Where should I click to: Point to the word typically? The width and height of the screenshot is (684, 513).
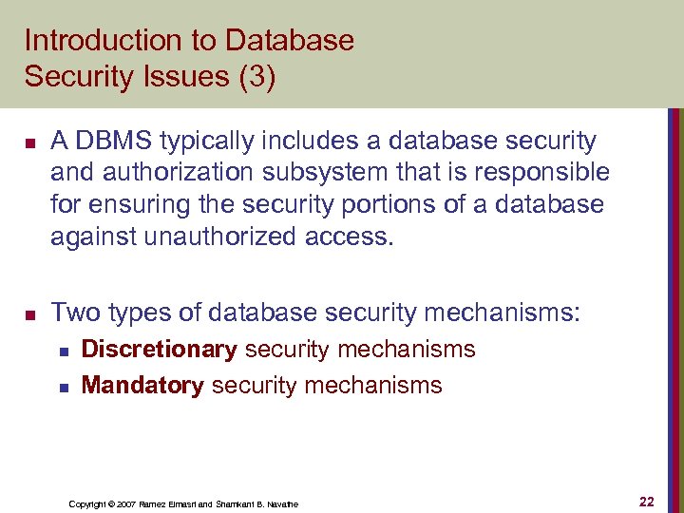[x=202, y=142]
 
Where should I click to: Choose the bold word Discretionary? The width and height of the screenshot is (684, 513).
[x=160, y=350]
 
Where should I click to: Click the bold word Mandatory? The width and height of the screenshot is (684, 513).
[x=142, y=385]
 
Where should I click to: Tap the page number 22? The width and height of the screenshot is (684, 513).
[x=647, y=502]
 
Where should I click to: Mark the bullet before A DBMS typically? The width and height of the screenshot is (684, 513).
[x=30, y=143]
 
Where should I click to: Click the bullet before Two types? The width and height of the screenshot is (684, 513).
[x=30, y=313]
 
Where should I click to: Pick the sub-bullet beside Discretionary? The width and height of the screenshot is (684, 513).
[x=64, y=351]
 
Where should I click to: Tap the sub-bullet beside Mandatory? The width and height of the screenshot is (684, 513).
[x=64, y=386]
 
